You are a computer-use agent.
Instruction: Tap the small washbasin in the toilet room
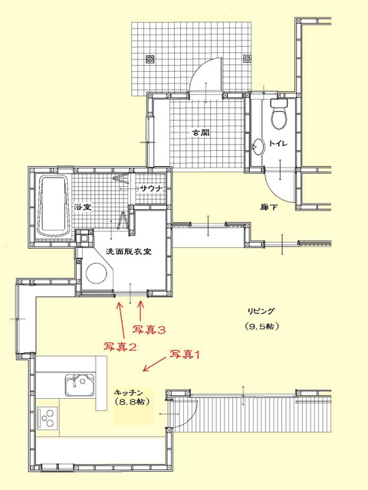pos(258,147)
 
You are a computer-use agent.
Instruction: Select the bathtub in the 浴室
pos(53,207)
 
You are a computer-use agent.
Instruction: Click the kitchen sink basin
pos(80,384)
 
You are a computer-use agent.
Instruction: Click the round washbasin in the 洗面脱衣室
pos(96,273)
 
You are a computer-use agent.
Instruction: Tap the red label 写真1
pos(185,354)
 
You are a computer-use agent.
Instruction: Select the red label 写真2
pos(120,347)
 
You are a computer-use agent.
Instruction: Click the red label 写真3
pos(149,330)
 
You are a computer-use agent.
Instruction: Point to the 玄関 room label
pos(200,132)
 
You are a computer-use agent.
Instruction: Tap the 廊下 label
pos(269,207)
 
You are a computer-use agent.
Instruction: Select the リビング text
pos(261,312)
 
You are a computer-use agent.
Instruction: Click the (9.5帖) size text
pos(262,326)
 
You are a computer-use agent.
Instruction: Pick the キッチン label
pos(129,393)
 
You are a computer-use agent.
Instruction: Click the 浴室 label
pos(83,207)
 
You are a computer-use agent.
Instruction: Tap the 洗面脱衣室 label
pos(129,251)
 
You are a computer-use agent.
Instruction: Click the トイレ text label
pos(278,143)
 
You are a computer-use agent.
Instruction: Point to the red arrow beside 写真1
pos(154,364)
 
